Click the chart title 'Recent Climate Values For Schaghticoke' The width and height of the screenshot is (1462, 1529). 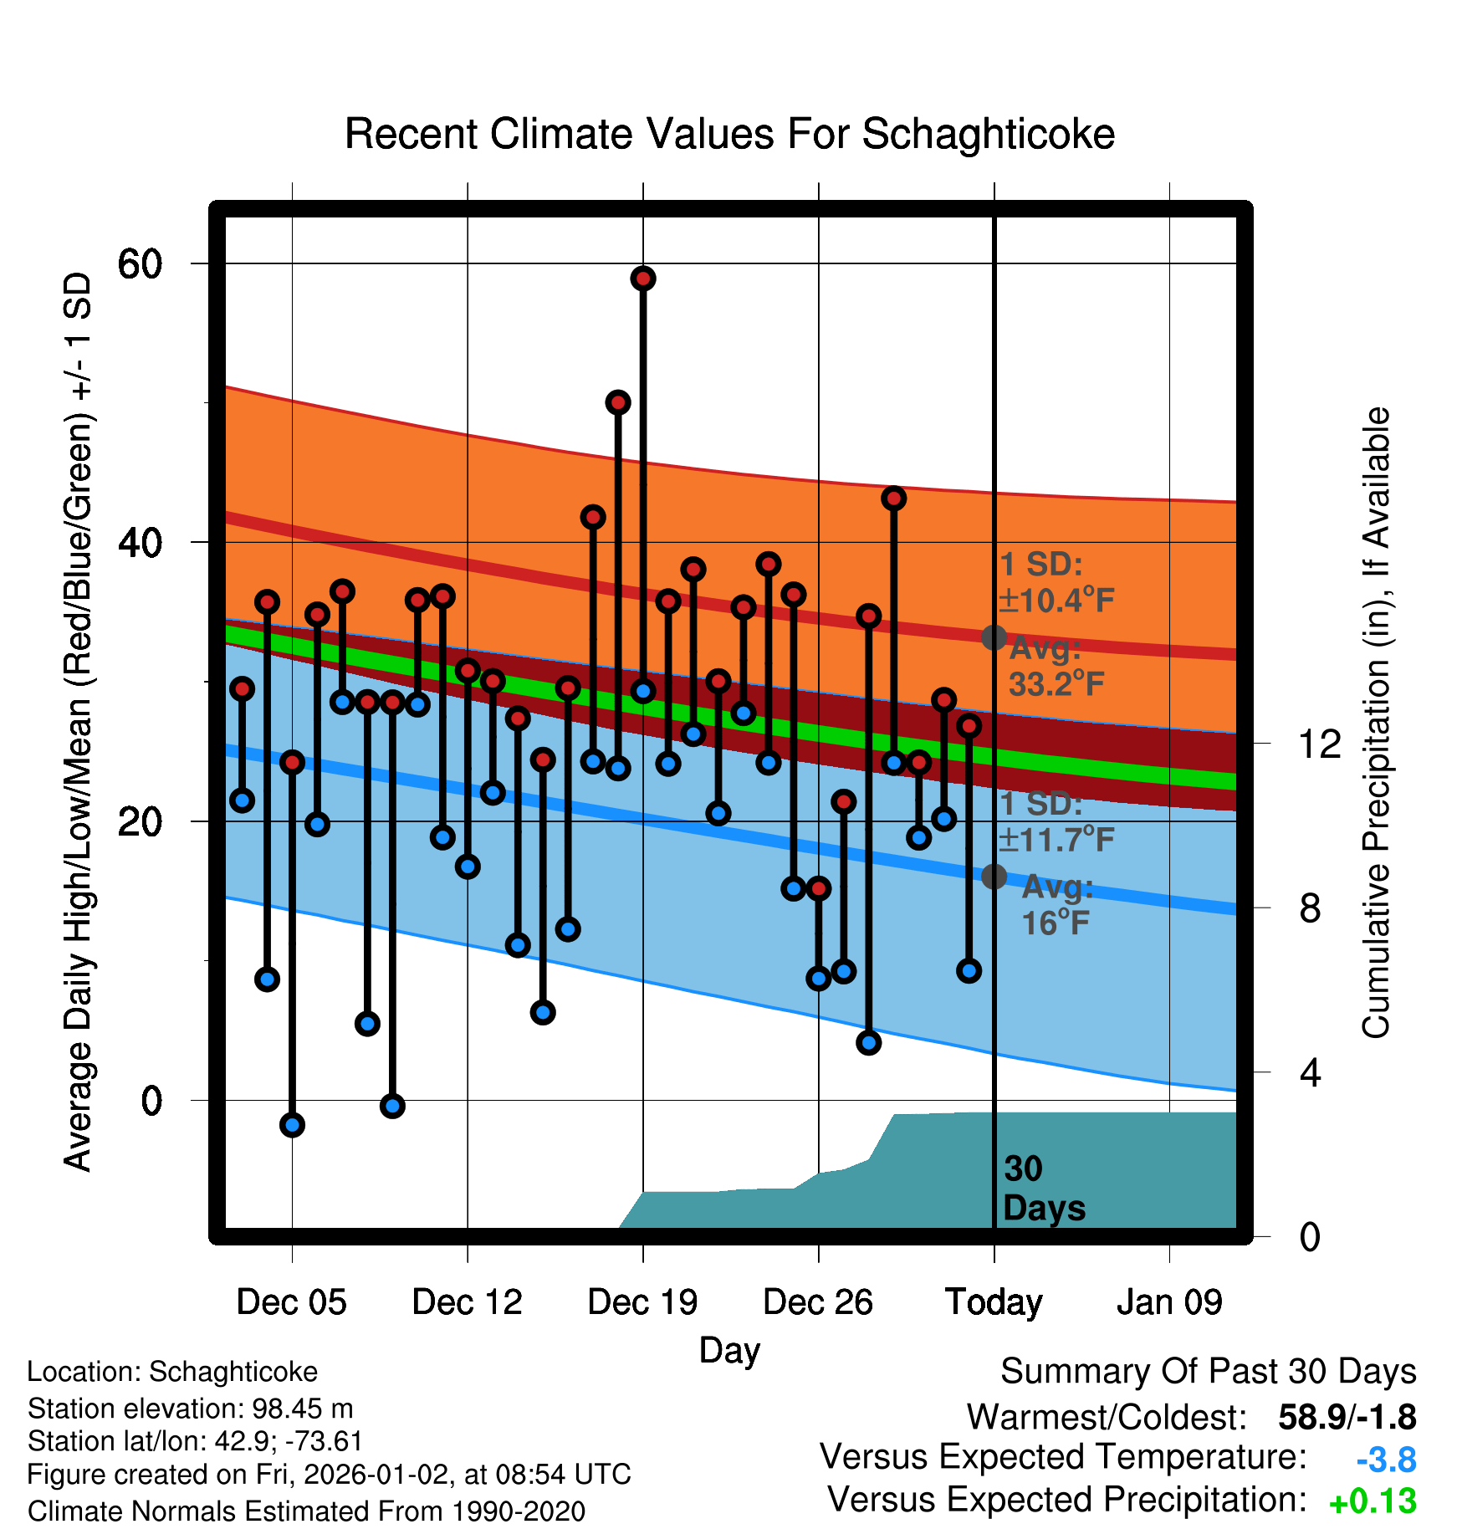click(729, 134)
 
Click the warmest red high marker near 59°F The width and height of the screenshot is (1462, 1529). click(643, 279)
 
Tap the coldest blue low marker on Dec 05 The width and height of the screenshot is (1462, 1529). click(292, 1124)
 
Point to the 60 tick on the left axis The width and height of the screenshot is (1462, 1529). click(140, 264)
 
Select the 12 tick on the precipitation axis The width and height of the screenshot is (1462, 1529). click(1320, 744)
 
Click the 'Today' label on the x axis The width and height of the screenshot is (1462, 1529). click(994, 1302)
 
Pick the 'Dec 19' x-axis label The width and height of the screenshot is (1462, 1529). click(642, 1302)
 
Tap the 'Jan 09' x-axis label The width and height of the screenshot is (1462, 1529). click(1169, 1302)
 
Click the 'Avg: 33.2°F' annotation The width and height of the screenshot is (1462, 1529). click(1056, 667)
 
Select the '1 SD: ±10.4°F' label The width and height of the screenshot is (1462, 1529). click(1056, 583)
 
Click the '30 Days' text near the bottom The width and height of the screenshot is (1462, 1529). click(1043, 1189)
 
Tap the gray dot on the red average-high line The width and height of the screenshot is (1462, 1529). click(994, 637)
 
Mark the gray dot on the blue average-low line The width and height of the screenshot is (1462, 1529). click(994, 877)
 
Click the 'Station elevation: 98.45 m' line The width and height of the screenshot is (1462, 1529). click(190, 1409)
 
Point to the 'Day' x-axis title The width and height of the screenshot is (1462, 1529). click(729, 1350)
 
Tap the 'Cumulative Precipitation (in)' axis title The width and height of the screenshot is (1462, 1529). click(1376, 724)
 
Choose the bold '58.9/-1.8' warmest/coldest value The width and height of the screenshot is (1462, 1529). click(1347, 1417)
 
